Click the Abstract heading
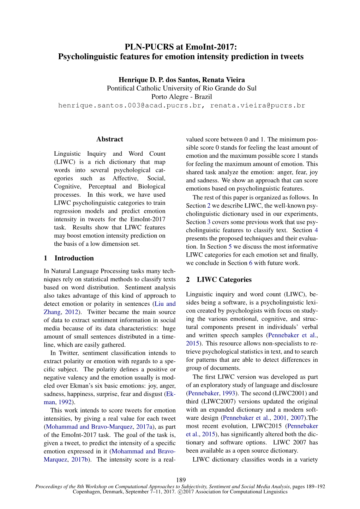[110, 139]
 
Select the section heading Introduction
[74, 258]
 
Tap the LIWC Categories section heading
[224, 280]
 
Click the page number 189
[180, 480]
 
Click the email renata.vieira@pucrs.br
[258, 106]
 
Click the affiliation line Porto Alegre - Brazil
[182, 97]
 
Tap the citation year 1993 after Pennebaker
[228, 393]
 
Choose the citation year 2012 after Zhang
[71, 312]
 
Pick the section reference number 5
[230, 247]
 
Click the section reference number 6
[251, 263]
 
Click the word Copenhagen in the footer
[86, 492]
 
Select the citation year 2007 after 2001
[297, 418]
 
